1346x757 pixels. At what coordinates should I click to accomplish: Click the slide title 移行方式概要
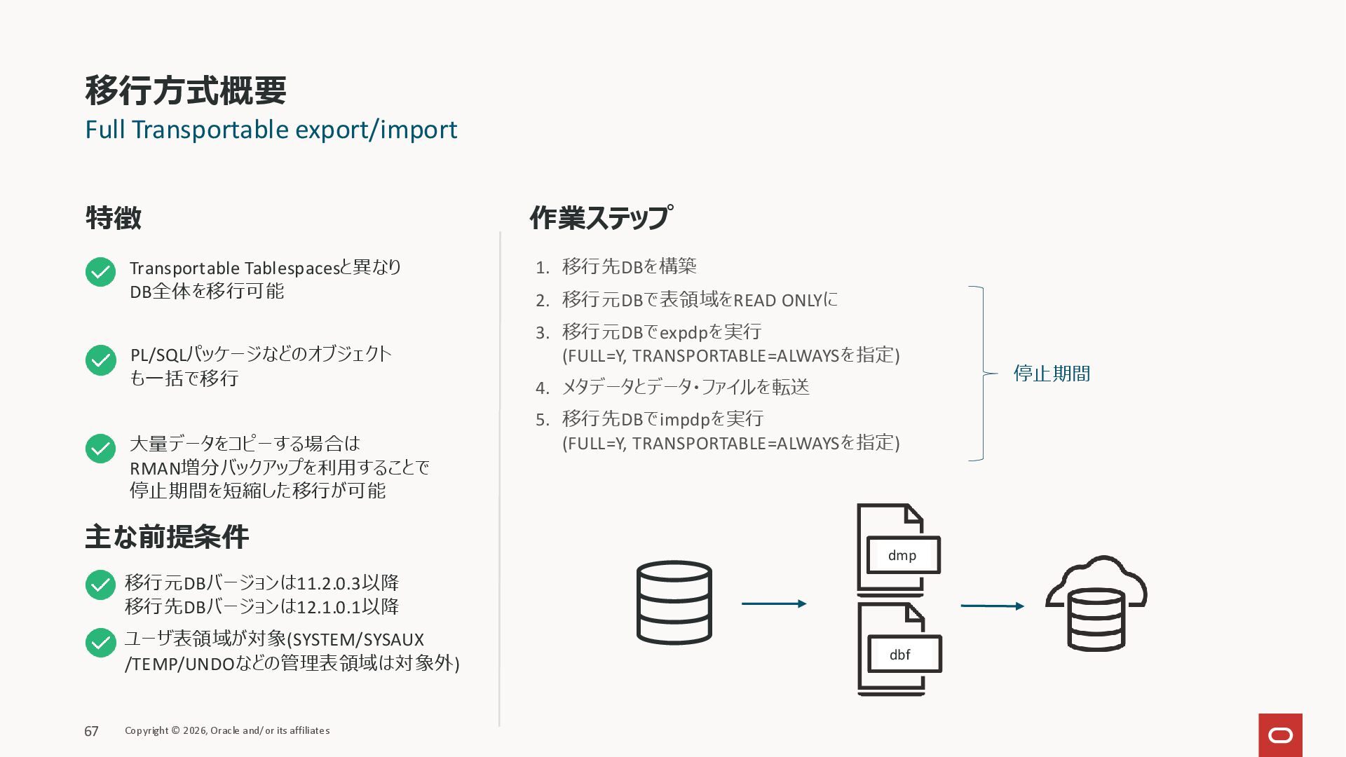pyautogui.click(x=186, y=90)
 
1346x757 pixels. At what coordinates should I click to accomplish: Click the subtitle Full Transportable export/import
pyautogui.click(x=271, y=130)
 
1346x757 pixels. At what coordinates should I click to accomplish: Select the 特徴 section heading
pyautogui.click(x=114, y=218)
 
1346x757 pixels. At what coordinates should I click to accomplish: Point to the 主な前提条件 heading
pyautogui.click(x=167, y=537)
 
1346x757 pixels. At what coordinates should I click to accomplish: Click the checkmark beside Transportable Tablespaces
pyautogui.click(x=100, y=272)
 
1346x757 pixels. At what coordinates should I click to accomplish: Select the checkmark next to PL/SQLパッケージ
pyautogui.click(x=100, y=360)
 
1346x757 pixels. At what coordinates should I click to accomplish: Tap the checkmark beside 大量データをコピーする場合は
pyautogui.click(x=100, y=449)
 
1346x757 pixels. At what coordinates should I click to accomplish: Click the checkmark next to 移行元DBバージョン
pyautogui.click(x=100, y=585)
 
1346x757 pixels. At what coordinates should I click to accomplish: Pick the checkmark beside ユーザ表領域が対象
pyautogui.click(x=100, y=643)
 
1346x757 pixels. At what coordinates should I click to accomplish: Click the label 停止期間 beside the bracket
pyautogui.click(x=1052, y=374)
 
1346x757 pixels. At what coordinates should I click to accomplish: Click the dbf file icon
pyautogui.click(x=899, y=648)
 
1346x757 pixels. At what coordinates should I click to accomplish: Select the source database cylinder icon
pyautogui.click(x=674, y=602)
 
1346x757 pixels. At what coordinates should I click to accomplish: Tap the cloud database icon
pyautogui.click(x=1096, y=603)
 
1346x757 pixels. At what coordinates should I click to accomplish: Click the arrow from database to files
pyautogui.click(x=774, y=603)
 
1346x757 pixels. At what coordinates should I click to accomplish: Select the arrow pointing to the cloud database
pyautogui.click(x=992, y=606)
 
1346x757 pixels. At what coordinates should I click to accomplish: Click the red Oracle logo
pyautogui.click(x=1280, y=735)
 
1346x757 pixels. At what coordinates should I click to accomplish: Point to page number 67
pyautogui.click(x=91, y=731)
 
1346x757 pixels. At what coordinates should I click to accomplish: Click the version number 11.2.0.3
pyautogui.click(x=328, y=583)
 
